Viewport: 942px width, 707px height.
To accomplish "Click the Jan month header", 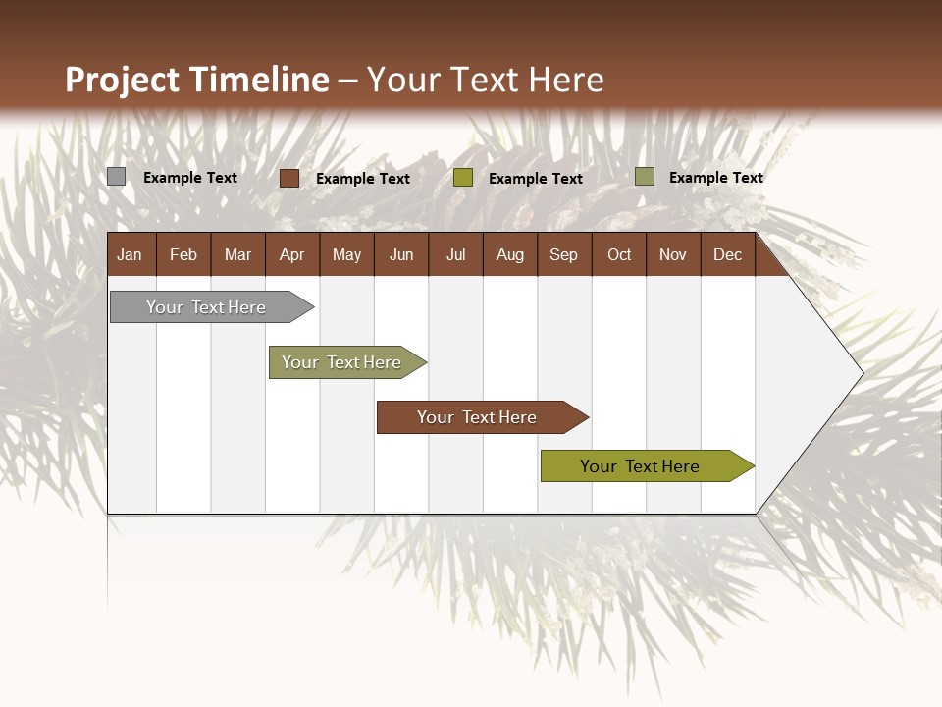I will [130, 255].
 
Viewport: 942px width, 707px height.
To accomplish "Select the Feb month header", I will [183, 255].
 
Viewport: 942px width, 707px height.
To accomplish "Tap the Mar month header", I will [237, 255].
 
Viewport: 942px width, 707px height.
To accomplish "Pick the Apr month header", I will [292, 255].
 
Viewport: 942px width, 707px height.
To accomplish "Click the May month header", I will [346, 255].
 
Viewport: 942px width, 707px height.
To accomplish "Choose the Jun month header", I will [401, 255].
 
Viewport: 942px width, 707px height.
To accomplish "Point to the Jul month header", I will [455, 255].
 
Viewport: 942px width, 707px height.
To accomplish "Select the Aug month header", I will [510, 255].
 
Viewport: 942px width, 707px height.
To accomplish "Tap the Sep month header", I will [564, 255].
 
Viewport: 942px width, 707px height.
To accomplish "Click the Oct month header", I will [619, 255].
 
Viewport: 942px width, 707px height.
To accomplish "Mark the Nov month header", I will [673, 255].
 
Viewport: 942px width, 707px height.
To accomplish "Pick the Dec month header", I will [728, 255].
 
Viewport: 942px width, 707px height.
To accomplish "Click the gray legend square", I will [116, 177].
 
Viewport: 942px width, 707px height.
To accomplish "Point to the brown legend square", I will [289, 178].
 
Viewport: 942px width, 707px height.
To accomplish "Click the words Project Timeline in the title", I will [197, 80].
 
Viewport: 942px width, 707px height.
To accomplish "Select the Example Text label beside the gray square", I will [190, 178].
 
